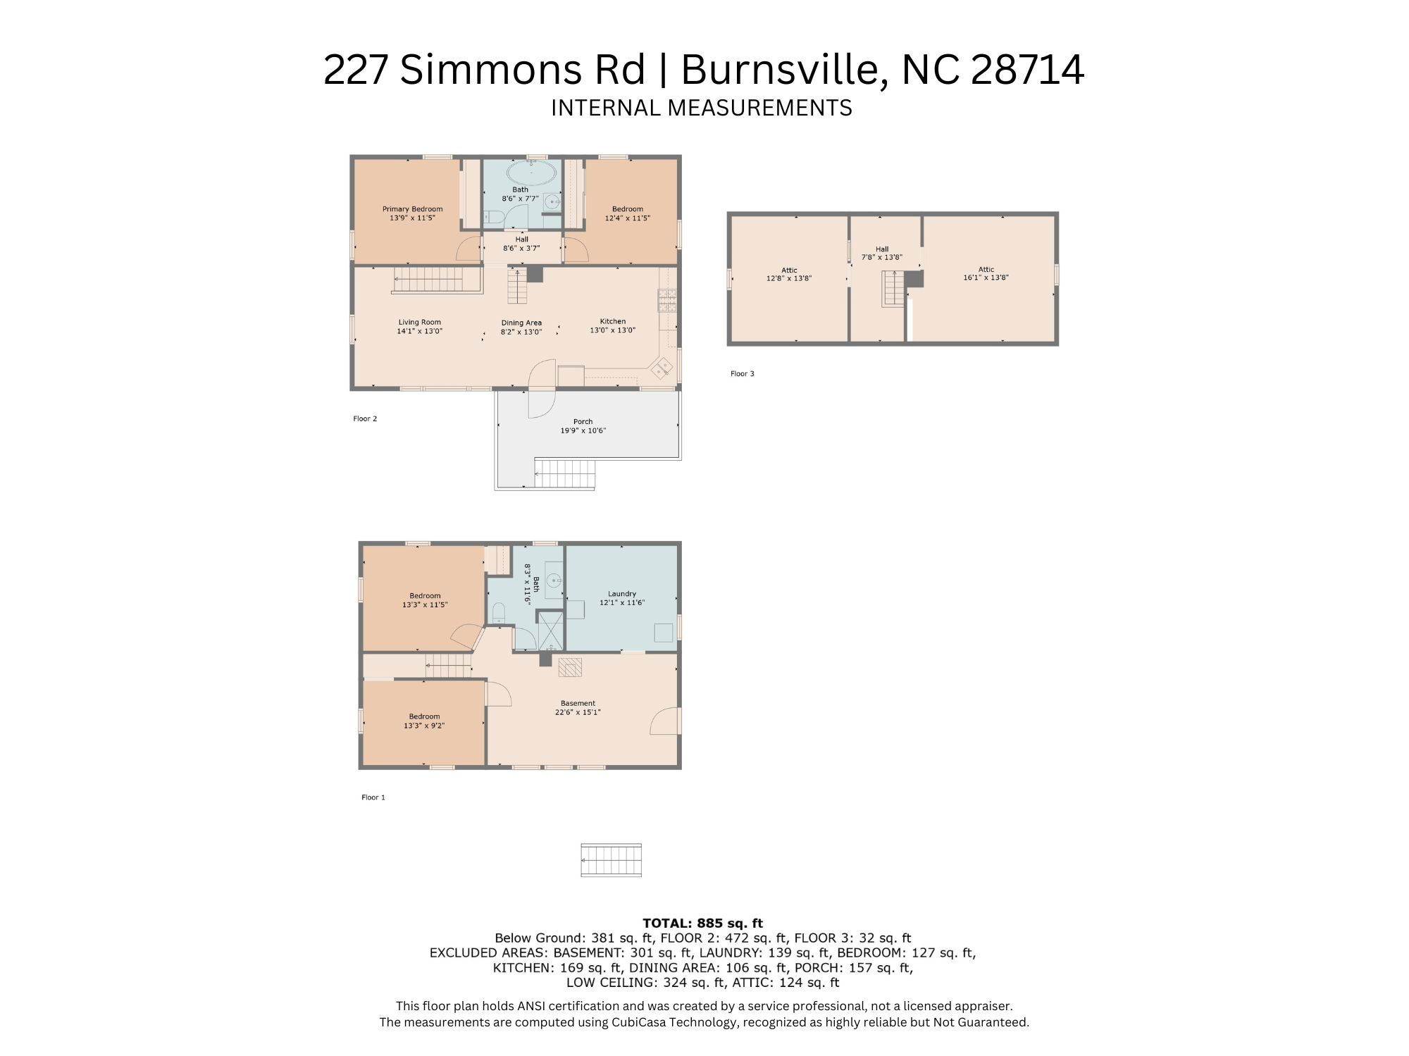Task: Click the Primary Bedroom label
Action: (x=412, y=209)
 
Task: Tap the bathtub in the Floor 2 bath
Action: (x=531, y=172)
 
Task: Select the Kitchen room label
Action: (x=612, y=321)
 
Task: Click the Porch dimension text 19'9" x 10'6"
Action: (x=583, y=430)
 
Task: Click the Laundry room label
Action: (x=621, y=594)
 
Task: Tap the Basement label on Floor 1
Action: (x=578, y=703)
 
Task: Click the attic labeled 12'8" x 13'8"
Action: (x=789, y=274)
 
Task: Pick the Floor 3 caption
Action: (x=742, y=373)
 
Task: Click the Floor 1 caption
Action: (x=373, y=797)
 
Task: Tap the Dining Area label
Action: (x=521, y=323)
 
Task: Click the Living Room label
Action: (x=419, y=322)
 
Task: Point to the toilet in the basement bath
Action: (x=499, y=611)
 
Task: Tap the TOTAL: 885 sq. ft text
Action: (x=702, y=923)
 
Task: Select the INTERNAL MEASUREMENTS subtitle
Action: (x=701, y=108)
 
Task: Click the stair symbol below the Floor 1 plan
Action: (x=611, y=860)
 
